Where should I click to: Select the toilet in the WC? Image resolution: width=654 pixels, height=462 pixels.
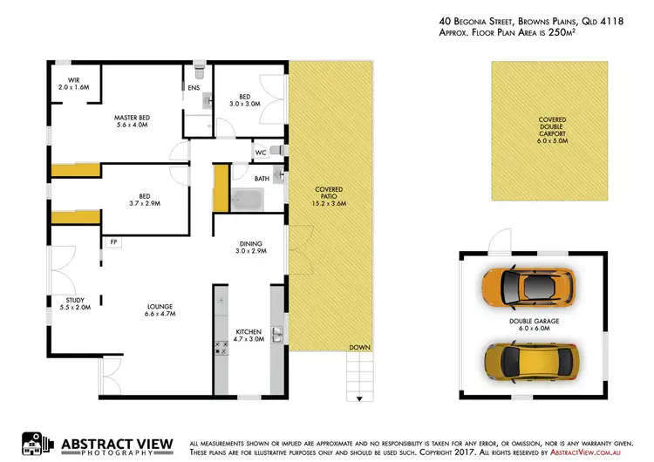278,151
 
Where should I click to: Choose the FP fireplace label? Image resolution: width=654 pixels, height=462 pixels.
113,241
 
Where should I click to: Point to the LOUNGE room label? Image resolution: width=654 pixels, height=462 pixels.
160,309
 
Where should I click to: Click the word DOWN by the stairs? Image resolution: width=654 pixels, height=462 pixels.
359,347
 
